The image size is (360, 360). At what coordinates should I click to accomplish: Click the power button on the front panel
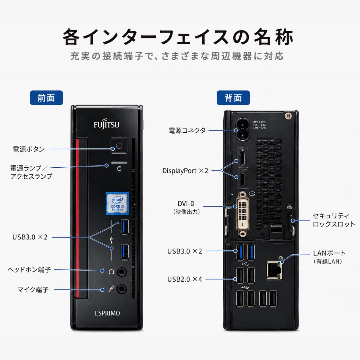[x=119, y=145]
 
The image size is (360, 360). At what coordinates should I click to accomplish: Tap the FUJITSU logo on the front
[x=107, y=124]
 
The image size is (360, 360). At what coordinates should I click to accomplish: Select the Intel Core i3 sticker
[x=117, y=204]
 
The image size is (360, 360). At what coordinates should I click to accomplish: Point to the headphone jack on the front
[x=122, y=272]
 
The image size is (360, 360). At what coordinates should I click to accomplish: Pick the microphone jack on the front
[x=122, y=289]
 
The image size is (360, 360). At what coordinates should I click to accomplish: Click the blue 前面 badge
[x=46, y=98]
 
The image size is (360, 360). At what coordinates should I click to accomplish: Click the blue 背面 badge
[x=233, y=98]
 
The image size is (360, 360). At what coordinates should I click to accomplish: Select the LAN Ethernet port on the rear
[x=274, y=270]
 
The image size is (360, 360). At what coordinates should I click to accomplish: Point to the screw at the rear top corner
[x=288, y=116]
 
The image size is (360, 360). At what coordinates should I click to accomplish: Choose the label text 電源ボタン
[x=29, y=149]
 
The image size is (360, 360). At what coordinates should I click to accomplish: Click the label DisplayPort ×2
[x=185, y=171]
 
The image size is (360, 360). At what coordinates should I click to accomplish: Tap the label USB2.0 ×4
[x=185, y=279]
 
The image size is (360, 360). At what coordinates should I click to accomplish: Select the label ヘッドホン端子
[x=29, y=270]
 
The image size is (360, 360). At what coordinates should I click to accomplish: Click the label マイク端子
[x=33, y=290]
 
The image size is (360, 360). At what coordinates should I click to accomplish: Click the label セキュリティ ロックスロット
[x=334, y=220]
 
